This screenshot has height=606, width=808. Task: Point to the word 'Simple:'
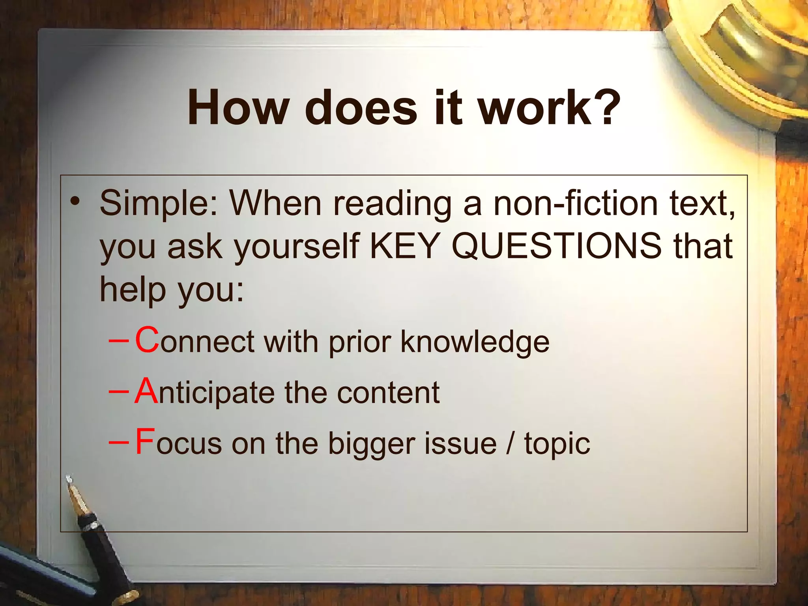(158, 204)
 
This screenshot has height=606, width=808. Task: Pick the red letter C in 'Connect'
(147, 340)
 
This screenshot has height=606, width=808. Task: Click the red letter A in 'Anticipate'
(146, 391)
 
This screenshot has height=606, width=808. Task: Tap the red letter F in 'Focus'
(144, 442)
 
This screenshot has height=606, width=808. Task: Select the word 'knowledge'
(475, 342)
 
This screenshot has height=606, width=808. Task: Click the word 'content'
(388, 393)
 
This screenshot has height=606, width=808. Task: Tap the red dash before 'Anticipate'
(118, 391)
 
